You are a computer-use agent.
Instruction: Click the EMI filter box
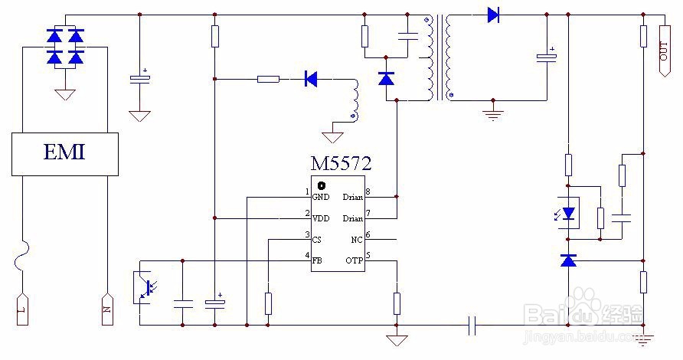(x=64, y=153)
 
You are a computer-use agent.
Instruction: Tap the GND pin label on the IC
(x=320, y=197)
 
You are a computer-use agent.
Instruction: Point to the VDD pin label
(x=321, y=218)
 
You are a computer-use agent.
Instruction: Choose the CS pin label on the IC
(x=318, y=240)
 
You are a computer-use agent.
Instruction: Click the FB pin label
(x=317, y=261)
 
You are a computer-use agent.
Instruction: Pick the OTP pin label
(x=354, y=261)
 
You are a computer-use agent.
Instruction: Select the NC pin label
(x=356, y=240)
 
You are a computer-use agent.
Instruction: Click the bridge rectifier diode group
(x=65, y=47)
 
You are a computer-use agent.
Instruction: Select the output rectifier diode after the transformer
(x=493, y=14)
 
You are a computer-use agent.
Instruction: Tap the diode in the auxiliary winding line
(x=311, y=78)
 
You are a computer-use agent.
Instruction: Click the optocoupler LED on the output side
(x=568, y=214)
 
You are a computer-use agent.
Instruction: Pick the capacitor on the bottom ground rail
(x=473, y=326)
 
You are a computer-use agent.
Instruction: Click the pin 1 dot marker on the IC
(x=322, y=185)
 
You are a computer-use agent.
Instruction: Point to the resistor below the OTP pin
(x=397, y=303)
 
